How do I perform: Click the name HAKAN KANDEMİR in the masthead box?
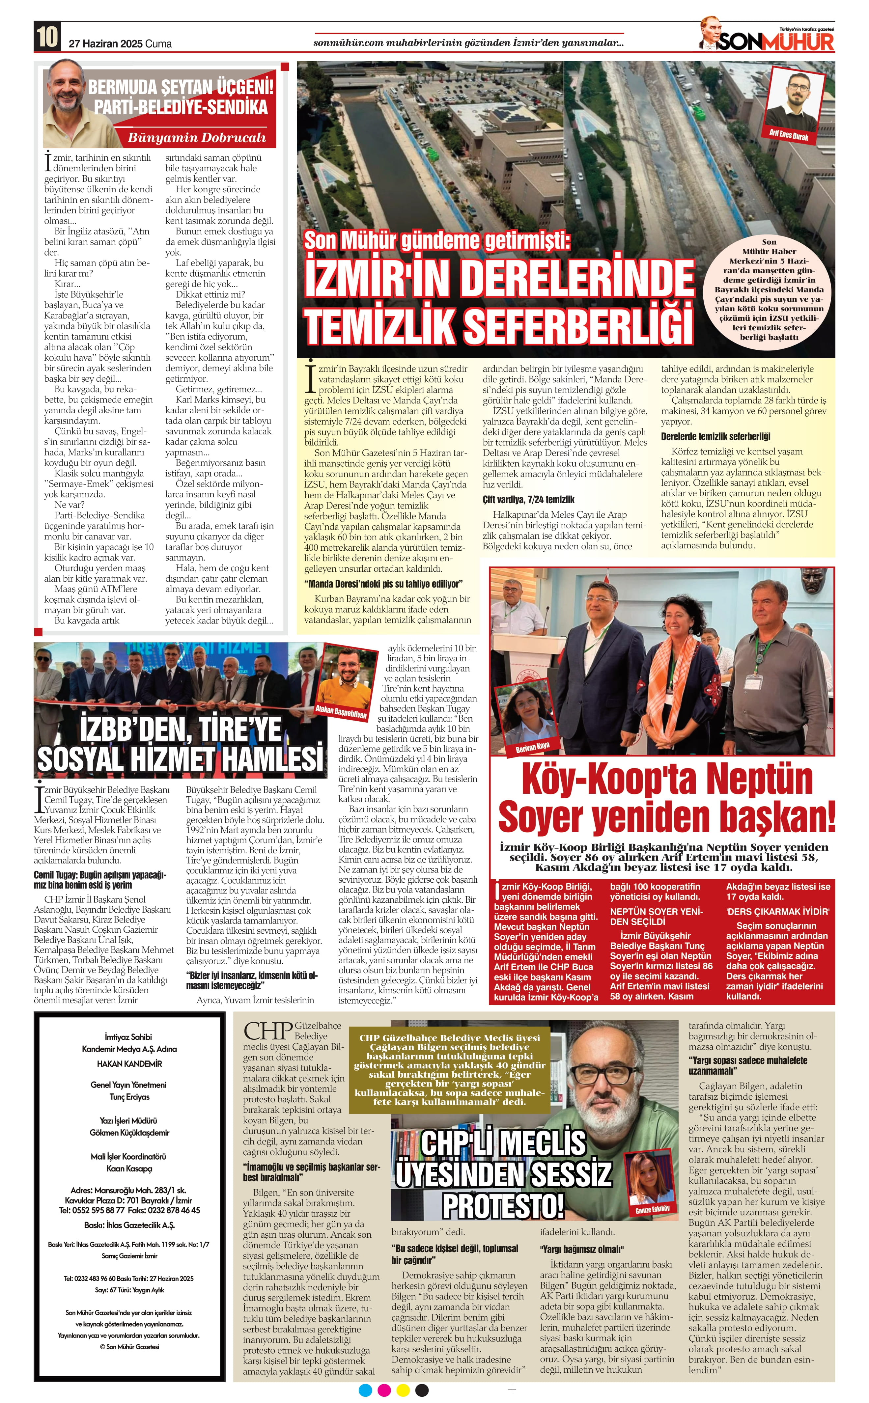[x=129, y=1063]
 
